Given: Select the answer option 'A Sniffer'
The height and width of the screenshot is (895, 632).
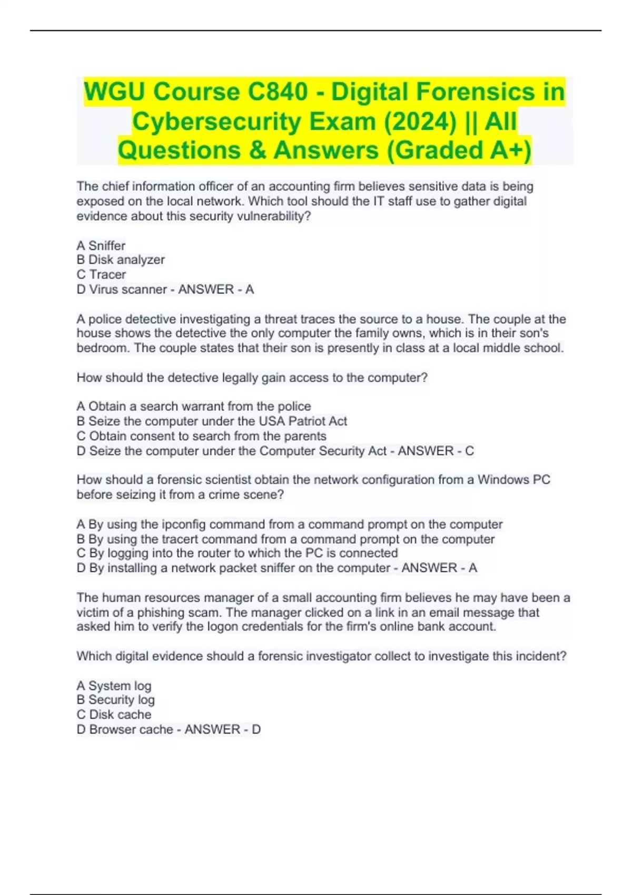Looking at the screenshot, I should (x=101, y=245).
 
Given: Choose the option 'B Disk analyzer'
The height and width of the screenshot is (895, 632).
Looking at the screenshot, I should (x=121, y=260).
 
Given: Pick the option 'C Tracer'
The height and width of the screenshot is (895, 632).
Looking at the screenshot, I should (x=102, y=274).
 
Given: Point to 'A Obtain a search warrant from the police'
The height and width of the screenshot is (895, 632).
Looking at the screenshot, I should (x=194, y=406).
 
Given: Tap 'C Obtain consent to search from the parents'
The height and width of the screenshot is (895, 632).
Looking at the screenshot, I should (x=202, y=436).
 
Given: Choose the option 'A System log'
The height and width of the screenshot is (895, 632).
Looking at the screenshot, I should (x=114, y=685).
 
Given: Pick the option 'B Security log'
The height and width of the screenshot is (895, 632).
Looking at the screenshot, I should (x=116, y=700).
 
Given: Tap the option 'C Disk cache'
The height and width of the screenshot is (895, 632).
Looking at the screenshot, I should (x=114, y=714).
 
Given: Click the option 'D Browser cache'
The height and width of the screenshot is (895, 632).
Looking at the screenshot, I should (x=125, y=729).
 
